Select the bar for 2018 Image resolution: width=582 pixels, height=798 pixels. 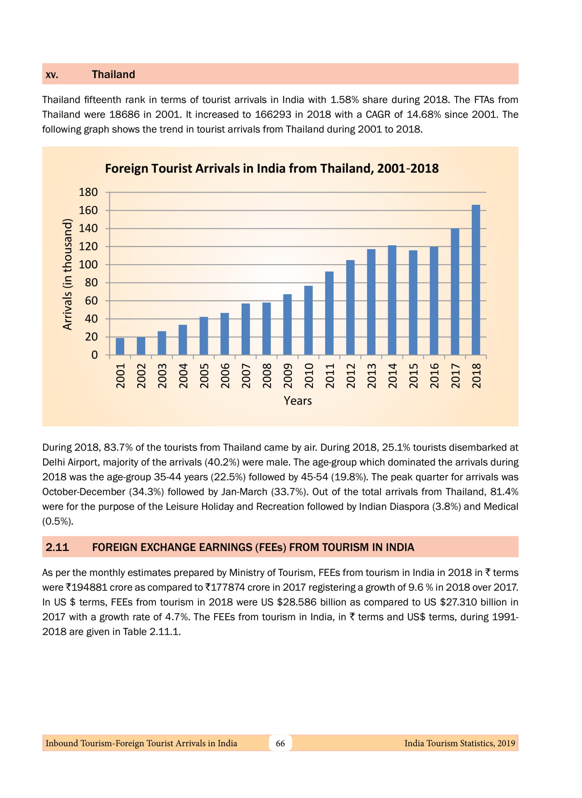tap(476, 280)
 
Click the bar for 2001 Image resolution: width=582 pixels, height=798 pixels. tap(120, 346)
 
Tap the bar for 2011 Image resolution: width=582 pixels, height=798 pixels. tap(329, 313)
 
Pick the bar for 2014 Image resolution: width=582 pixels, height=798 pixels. tap(392, 300)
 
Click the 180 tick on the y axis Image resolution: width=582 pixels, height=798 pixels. tap(88, 192)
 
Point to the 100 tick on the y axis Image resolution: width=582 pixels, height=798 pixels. tap(88, 265)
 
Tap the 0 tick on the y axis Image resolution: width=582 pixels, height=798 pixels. tap(95, 355)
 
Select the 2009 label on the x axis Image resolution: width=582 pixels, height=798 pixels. tap(288, 375)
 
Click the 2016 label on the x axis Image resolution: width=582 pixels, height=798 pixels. tap(435, 375)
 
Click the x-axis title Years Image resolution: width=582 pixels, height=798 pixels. tap(298, 401)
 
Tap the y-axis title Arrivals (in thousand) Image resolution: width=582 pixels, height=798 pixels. tap(67, 274)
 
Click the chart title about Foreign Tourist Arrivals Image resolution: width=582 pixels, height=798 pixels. tap(272, 168)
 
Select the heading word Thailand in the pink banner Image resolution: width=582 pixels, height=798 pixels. tap(114, 74)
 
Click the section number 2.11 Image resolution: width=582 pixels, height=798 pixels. tap(57, 547)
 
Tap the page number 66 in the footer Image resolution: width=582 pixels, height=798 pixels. tap(280, 743)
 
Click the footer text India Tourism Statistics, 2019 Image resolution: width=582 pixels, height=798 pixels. tap(460, 743)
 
